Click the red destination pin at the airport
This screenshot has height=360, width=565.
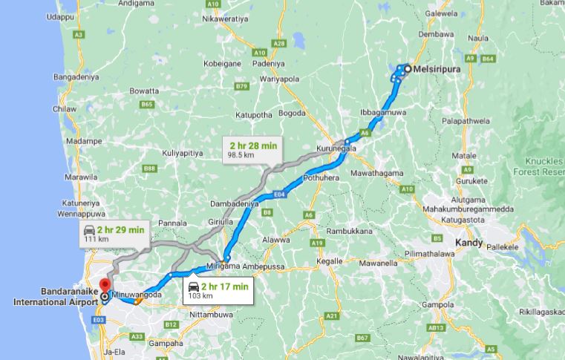click(105, 284)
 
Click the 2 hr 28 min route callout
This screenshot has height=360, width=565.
click(253, 149)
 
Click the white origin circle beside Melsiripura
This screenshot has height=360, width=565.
click(408, 68)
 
